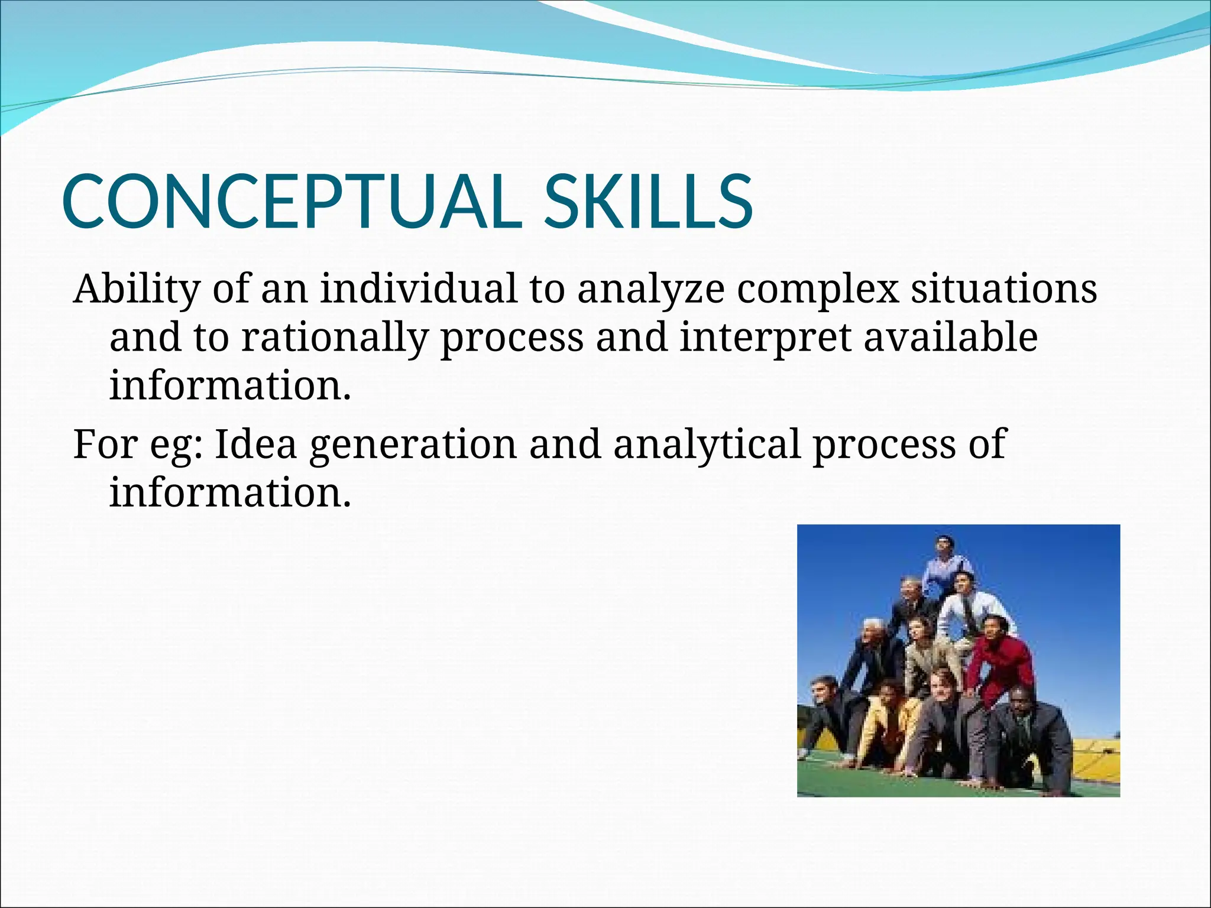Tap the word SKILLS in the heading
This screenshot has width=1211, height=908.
[648, 202]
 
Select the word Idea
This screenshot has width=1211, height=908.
[255, 444]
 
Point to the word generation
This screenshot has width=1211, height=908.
[413, 445]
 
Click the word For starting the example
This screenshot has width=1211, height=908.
[105, 444]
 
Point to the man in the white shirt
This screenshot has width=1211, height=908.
[970, 609]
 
